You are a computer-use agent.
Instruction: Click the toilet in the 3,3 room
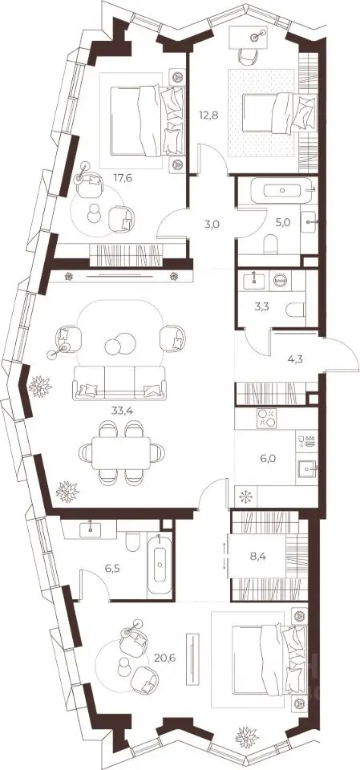[296, 310]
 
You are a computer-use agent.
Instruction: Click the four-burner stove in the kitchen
[267, 419]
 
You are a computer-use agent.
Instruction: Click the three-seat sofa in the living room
[119, 383]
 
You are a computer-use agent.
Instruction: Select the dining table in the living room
[121, 452]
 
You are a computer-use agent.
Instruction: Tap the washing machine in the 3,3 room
[281, 281]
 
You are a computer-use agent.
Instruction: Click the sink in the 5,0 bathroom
[309, 222]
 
